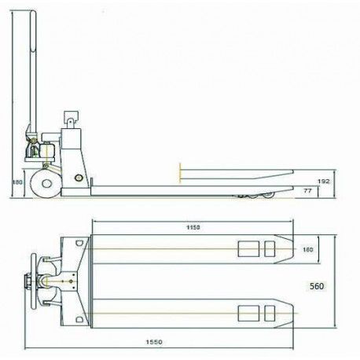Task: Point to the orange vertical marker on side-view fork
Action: click(180, 171)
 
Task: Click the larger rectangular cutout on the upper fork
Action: click(247, 249)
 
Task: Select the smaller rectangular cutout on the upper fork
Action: click(270, 249)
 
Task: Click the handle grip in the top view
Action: click(32, 281)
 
